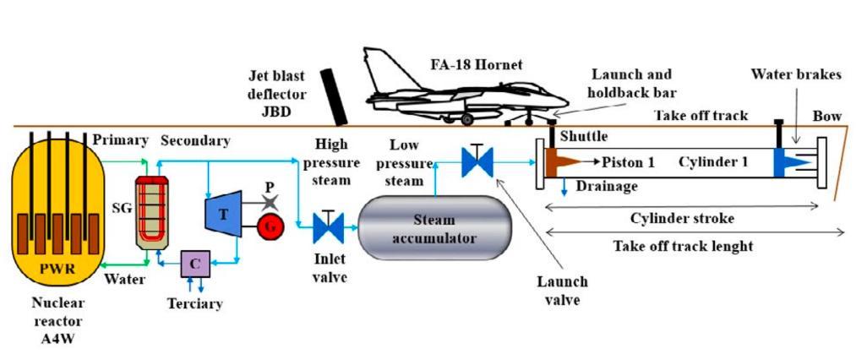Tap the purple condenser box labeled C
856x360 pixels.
pos(195,263)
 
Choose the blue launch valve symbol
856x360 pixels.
pos(477,161)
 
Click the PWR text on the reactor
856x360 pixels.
pos(52,270)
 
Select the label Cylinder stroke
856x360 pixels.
pos(680,217)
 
